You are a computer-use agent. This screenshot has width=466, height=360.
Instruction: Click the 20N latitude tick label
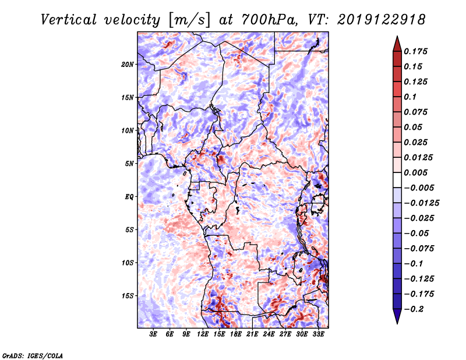[128, 65]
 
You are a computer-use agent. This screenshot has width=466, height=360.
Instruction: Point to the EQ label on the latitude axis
[129, 197]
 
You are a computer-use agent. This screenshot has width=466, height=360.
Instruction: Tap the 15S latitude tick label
[128, 296]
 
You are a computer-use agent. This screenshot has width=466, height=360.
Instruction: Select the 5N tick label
[129, 164]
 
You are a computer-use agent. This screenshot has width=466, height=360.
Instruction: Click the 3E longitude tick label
[153, 334]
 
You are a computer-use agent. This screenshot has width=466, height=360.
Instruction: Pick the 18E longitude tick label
[236, 334]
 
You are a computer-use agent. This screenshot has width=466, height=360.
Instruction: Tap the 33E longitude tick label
[318, 334]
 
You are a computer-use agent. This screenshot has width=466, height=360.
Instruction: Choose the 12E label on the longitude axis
[203, 334]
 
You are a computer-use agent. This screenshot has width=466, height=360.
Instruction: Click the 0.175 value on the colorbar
[415, 51]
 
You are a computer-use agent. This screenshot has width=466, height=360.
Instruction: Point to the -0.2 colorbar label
[414, 309]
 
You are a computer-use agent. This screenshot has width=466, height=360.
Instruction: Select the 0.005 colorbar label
[415, 172]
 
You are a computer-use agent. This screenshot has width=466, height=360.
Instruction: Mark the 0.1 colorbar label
[410, 97]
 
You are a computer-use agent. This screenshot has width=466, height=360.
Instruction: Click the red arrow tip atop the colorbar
[397, 37]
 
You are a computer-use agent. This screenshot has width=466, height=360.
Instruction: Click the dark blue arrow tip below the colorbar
[397, 323]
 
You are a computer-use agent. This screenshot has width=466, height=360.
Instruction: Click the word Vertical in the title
[69, 20]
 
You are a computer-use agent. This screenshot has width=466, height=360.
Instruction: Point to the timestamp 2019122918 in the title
[382, 20]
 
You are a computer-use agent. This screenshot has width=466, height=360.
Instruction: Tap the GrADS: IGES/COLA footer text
[33, 355]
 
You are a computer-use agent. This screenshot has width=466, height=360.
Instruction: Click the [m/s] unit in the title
[189, 20]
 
